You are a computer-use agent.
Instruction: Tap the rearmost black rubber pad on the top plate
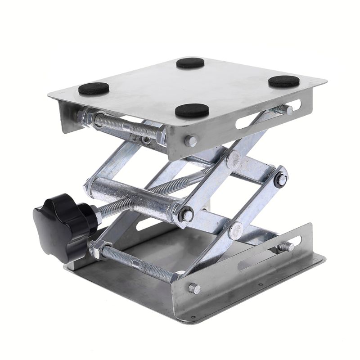190,63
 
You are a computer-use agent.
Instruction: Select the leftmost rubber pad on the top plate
94,89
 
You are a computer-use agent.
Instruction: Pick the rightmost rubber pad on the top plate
284,81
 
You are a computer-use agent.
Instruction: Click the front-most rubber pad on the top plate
192,110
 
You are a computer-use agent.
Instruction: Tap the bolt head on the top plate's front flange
191,141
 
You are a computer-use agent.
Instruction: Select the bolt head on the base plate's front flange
194,288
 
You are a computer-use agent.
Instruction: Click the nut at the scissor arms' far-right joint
280,180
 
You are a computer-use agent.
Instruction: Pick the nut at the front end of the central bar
185,215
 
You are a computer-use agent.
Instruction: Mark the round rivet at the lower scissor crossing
235,230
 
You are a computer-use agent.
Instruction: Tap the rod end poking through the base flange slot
286,247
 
